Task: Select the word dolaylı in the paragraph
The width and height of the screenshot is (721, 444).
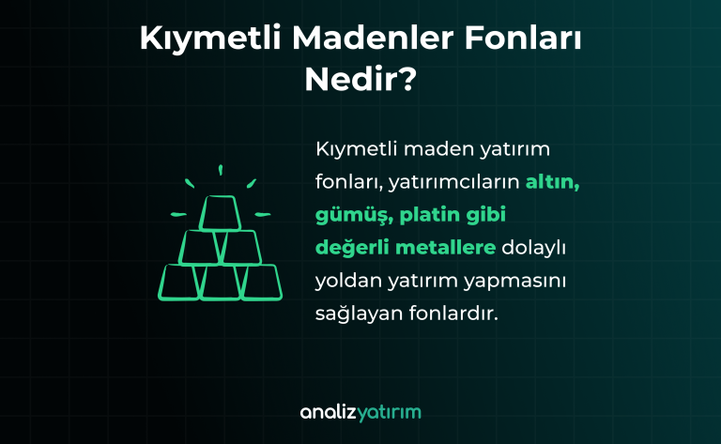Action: click(539, 247)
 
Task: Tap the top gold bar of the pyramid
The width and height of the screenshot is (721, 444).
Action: click(221, 213)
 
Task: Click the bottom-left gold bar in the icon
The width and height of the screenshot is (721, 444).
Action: click(180, 282)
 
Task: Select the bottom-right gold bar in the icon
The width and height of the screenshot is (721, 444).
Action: click(261, 282)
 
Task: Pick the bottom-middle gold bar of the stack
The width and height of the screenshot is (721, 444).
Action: click(221, 282)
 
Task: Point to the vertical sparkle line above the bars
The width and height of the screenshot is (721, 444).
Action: click(221, 171)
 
